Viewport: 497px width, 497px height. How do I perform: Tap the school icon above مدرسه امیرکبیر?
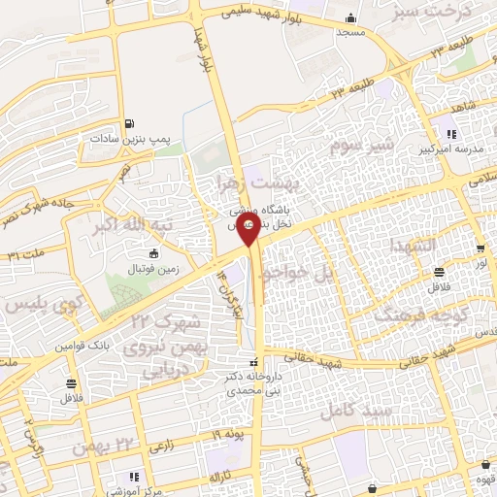point(450,134)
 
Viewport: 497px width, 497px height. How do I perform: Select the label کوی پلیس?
point(39,306)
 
